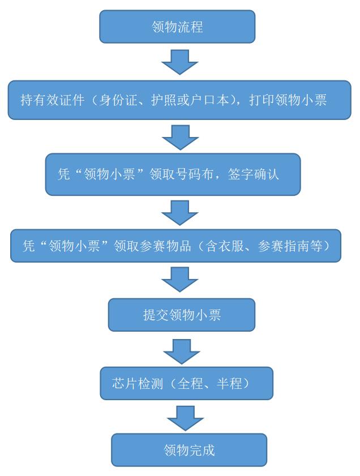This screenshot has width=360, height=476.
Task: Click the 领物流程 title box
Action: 177,27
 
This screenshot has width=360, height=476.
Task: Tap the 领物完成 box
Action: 189,450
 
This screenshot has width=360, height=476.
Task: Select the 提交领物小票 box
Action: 182,315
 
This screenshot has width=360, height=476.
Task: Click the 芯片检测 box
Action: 187,384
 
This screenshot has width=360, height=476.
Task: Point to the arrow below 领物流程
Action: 179,62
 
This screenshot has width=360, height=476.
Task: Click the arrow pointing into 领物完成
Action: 185,418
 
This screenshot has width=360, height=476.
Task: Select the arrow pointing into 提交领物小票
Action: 179,279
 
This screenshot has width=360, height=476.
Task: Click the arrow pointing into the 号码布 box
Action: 179,137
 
